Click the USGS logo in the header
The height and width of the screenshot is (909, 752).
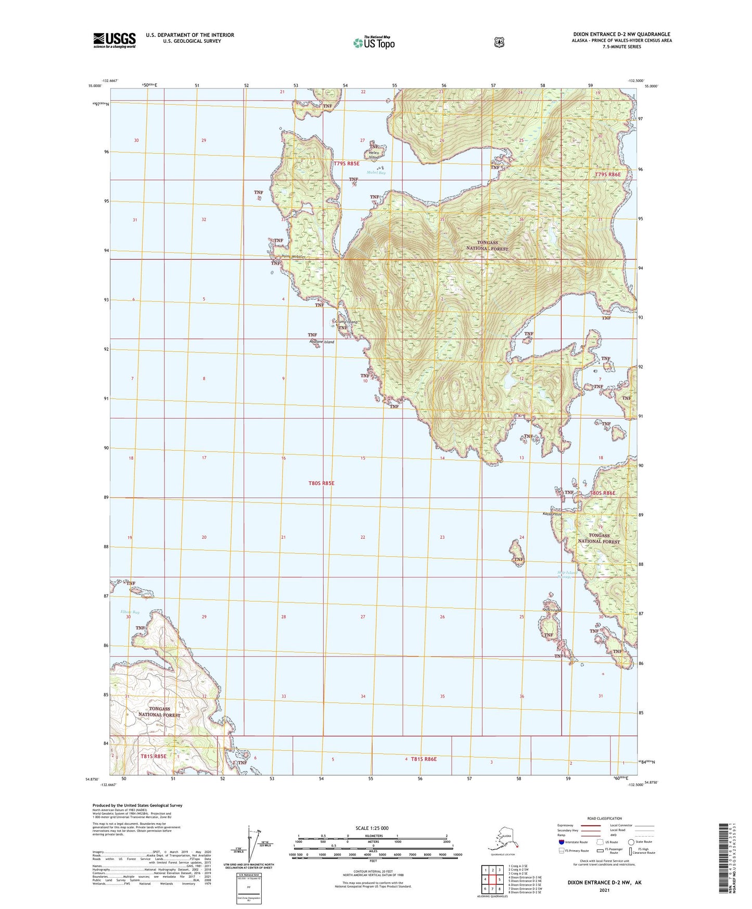[x=114, y=40]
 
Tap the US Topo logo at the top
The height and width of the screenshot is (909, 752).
[x=373, y=43]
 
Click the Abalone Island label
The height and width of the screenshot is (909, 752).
[x=322, y=342]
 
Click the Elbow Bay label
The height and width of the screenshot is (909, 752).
[x=130, y=612]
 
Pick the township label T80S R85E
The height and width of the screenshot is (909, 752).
[x=321, y=483]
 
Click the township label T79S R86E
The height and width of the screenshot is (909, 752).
[x=607, y=174]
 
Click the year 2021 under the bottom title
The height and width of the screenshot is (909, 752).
[x=604, y=890]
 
